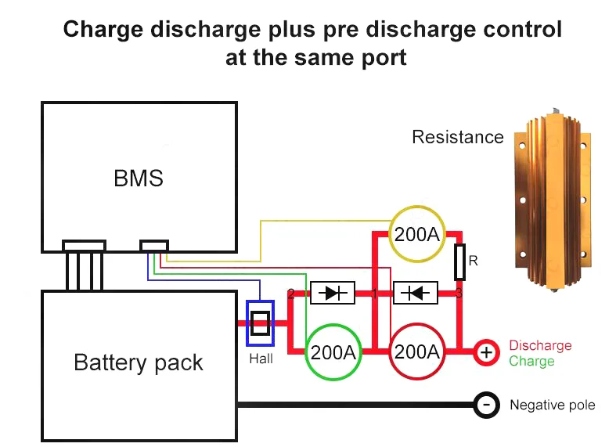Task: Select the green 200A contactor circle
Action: [x=333, y=352]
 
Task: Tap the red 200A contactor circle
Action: [x=417, y=352]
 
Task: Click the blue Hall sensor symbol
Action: [x=260, y=323]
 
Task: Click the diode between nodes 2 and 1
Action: [x=333, y=293]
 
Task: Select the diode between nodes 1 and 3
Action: [x=415, y=293]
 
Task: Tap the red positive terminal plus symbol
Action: [x=486, y=353]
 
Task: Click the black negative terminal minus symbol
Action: [x=486, y=405]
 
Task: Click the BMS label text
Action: [x=139, y=178]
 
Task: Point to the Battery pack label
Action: [x=139, y=362]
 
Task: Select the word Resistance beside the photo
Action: [x=458, y=137]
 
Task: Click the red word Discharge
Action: [x=540, y=345]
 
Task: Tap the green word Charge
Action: [x=531, y=362]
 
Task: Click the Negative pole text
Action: [x=552, y=405]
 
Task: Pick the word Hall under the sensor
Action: [x=261, y=359]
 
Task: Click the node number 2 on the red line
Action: [x=291, y=294]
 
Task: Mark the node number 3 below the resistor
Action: [x=459, y=294]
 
